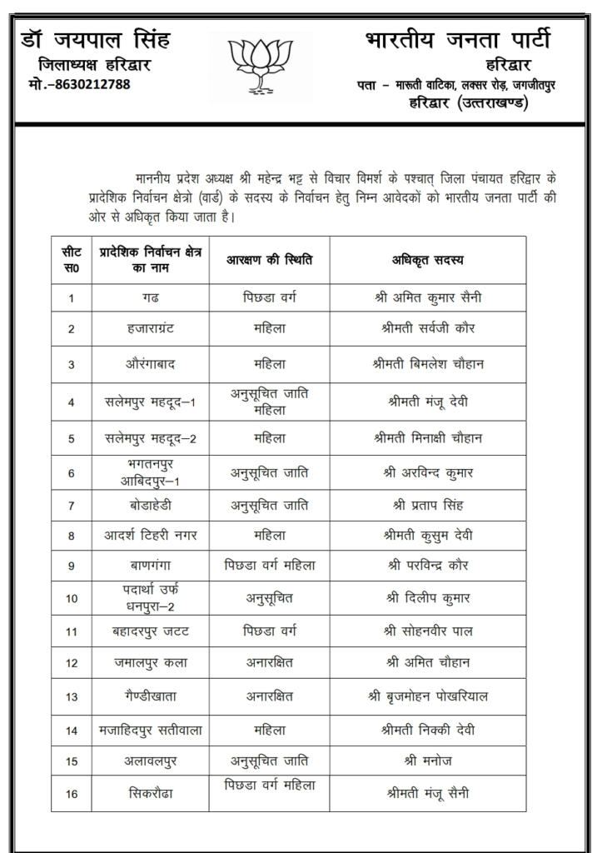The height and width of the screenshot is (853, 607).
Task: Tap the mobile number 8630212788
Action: pos(79,83)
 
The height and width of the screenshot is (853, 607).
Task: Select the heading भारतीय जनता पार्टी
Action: pos(457,39)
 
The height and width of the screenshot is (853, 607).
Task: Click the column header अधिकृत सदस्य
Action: pos(427,259)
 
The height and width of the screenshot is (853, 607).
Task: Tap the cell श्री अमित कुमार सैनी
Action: pos(427,297)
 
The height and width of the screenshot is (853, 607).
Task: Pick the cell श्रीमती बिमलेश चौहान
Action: pos(427,364)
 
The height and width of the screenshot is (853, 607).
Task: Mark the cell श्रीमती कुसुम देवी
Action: pos(427,535)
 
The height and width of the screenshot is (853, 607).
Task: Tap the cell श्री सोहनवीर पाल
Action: pos(427,631)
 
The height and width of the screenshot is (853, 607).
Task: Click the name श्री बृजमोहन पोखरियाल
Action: pos(427,696)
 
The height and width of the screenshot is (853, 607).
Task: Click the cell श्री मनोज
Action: pos(427,761)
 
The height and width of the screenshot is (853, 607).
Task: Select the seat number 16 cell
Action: pos(72,794)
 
